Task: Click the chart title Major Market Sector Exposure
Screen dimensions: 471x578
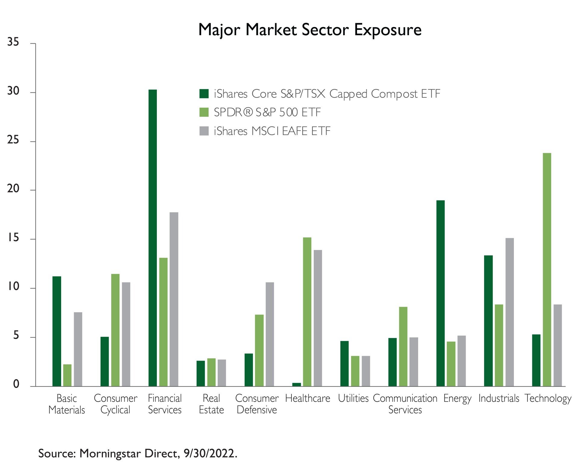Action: click(x=310, y=30)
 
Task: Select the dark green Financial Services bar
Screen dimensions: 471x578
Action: click(x=153, y=238)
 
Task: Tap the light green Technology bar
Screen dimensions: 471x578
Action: click(x=547, y=269)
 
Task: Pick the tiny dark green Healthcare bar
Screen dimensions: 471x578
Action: click(x=297, y=384)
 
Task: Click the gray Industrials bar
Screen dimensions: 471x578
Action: click(x=509, y=312)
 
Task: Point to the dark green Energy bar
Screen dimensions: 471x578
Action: click(x=440, y=293)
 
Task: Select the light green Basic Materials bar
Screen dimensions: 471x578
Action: click(x=67, y=375)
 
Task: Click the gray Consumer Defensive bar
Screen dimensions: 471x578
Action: click(x=270, y=334)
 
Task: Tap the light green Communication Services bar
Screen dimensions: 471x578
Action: click(x=403, y=346)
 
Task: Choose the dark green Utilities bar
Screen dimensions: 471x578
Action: click(x=344, y=363)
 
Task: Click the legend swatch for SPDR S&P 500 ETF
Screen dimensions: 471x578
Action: click(x=204, y=112)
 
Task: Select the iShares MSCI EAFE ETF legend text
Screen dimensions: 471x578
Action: click(x=272, y=131)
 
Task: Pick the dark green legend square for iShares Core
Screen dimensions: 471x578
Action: click(x=204, y=94)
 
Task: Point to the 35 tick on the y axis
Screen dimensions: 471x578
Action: click(x=13, y=42)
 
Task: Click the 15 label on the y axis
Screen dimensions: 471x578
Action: click(x=13, y=238)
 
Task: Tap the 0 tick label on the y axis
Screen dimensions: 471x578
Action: click(x=16, y=384)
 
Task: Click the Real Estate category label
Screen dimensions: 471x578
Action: click(x=211, y=404)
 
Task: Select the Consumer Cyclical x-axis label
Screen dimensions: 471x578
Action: click(x=115, y=404)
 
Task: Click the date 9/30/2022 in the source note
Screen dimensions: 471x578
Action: click(x=210, y=453)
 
